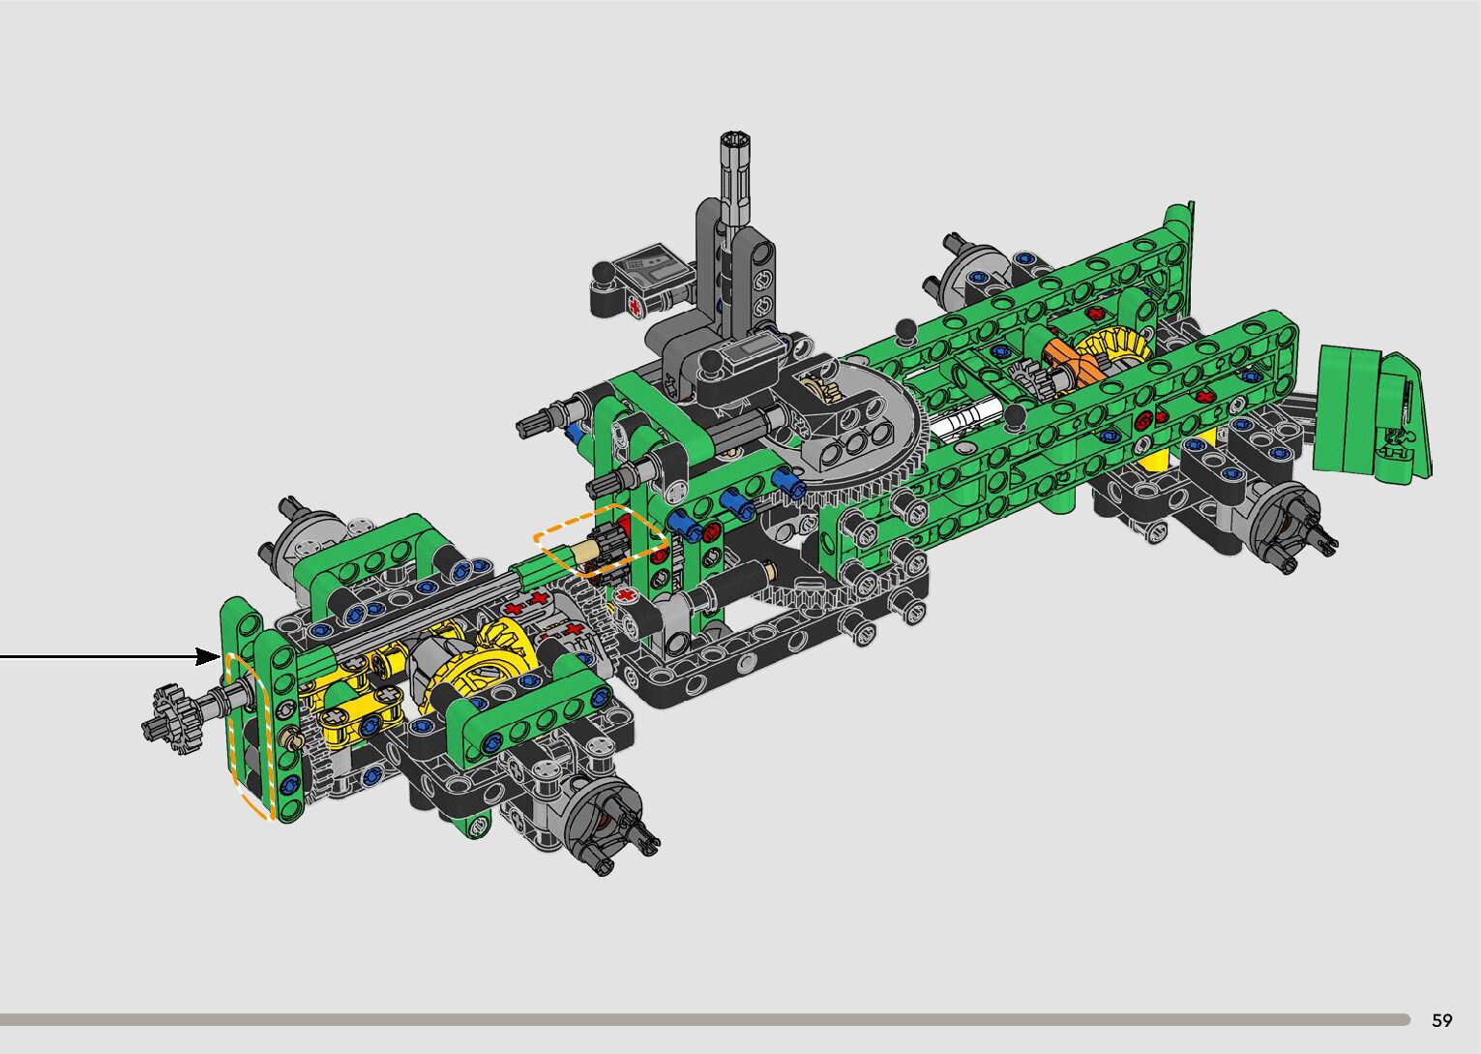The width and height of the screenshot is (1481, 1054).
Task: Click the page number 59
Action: (1442, 1020)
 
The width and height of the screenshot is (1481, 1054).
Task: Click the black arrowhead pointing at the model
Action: (209, 657)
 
